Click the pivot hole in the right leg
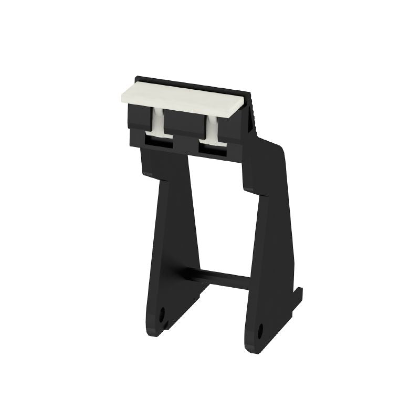coord(260,331)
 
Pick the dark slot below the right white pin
coord(212,149)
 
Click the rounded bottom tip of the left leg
coord(156,331)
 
